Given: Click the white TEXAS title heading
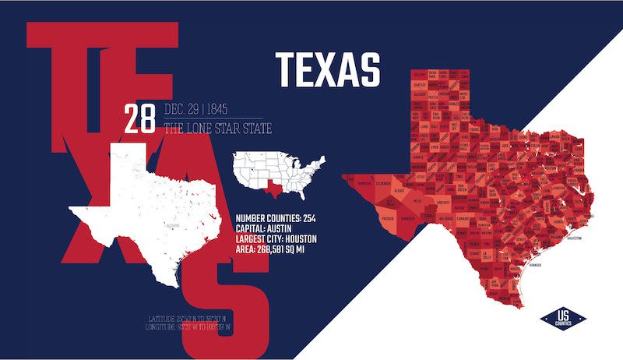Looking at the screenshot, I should click(328, 69).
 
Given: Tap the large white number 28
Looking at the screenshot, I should click(141, 120).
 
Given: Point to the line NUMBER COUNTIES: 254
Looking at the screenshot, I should click(286, 217).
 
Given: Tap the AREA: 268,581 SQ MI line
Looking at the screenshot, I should click(280, 249).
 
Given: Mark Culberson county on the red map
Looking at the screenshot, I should click(384, 185).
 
